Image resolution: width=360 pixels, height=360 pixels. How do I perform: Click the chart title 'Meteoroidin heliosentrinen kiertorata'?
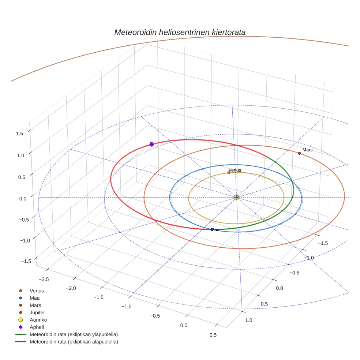pos(180,32)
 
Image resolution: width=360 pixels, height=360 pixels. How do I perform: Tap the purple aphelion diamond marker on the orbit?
pos(151,145)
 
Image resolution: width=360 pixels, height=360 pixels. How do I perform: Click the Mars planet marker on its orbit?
pos(299,153)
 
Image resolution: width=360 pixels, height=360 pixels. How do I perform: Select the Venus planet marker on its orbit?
pos(229,173)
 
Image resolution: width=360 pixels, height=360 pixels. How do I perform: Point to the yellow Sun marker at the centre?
pos(237,197)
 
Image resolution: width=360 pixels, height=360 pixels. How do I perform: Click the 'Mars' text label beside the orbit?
pos(307,150)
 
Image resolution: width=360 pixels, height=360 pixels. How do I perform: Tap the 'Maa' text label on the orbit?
pos(215,230)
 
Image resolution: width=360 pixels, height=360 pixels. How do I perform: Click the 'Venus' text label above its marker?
pos(235,170)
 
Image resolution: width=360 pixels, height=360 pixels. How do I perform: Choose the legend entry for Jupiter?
pos(37,312)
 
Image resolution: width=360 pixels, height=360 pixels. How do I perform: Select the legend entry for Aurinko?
pos(38,320)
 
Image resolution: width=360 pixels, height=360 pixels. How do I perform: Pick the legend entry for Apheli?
pos(37,327)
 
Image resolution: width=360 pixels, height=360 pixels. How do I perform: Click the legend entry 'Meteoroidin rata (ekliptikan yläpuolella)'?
pos(74,334)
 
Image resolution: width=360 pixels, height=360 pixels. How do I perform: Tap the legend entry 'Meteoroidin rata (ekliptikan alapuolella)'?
pos(74,342)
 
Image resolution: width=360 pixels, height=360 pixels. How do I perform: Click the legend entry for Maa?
pos(34,298)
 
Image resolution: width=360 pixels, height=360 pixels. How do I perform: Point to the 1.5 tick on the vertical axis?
pos(19,134)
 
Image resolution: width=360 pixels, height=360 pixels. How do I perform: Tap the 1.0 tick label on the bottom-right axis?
pos(248,320)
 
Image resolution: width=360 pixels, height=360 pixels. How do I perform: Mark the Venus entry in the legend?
pos(37,290)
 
